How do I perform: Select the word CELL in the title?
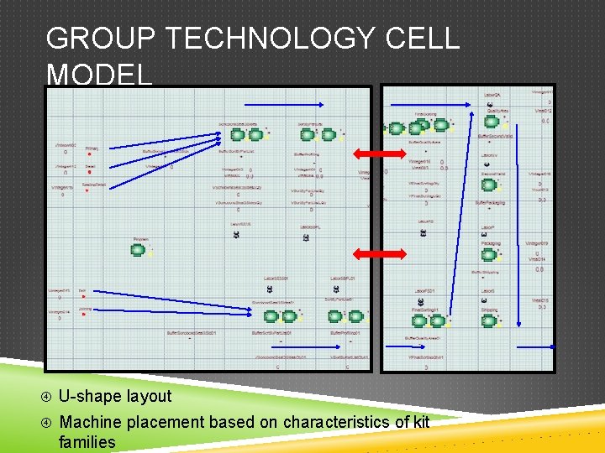[424, 39]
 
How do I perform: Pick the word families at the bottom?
[87, 441]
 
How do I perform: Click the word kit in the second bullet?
[422, 422]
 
